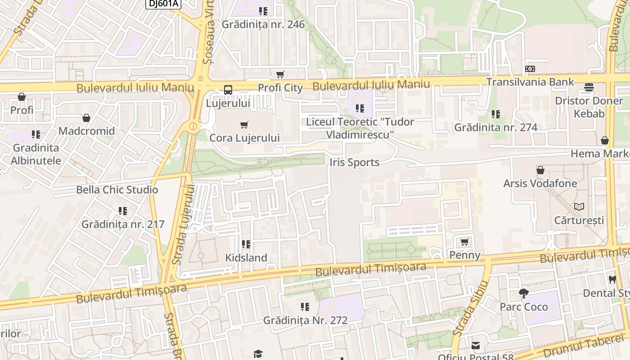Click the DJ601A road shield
[x=163, y=4]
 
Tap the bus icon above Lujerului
[x=228, y=90]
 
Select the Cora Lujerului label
[x=244, y=138]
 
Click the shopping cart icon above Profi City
[x=280, y=74]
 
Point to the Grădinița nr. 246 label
[x=263, y=24]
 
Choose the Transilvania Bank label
[x=530, y=82]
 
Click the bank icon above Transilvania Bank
[x=530, y=69]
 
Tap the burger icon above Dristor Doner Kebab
[x=589, y=87]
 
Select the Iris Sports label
[x=355, y=162]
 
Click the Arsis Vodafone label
[x=540, y=183]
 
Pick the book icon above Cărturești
[x=579, y=207]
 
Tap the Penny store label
[x=465, y=255]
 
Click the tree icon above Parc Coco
[x=523, y=293]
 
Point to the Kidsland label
[x=246, y=258]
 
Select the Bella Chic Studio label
[x=117, y=189]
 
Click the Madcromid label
[x=86, y=131]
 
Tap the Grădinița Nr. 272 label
[x=305, y=320]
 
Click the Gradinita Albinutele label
[x=36, y=154]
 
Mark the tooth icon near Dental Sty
[x=612, y=279]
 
